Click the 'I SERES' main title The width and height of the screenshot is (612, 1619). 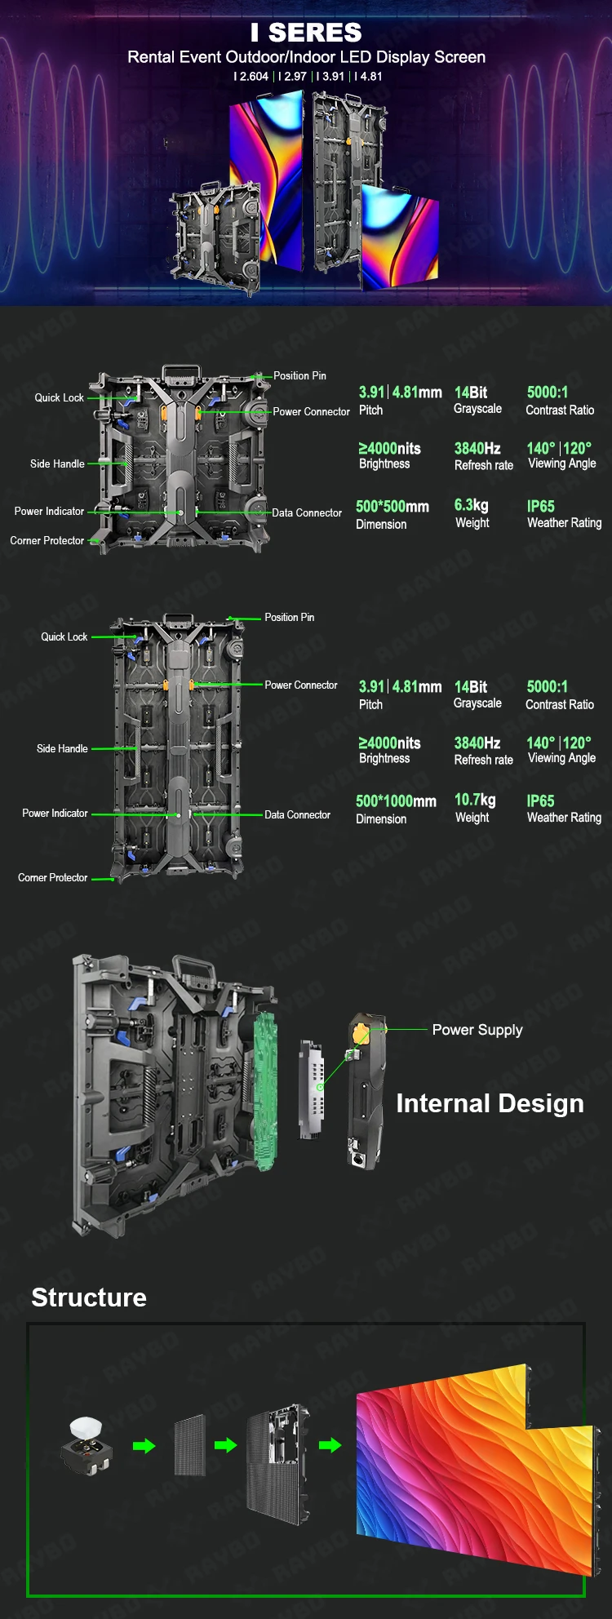[x=306, y=33]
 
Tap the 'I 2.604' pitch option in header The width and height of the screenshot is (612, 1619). [x=251, y=77]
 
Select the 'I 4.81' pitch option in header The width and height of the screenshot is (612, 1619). [x=369, y=77]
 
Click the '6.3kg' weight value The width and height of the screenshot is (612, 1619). [x=471, y=506]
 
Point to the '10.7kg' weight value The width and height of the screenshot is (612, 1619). [x=474, y=800]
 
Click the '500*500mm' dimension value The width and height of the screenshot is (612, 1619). [x=392, y=507]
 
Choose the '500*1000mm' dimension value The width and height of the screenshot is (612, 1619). [x=396, y=801]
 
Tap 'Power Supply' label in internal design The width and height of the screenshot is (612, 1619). [x=477, y=1030]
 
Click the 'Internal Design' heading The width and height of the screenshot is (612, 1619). [x=490, y=1103]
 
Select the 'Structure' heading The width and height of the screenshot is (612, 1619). [x=89, y=1297]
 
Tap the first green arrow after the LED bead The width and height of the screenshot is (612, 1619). [x=144, y=1446]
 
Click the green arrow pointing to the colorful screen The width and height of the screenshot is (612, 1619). [x=330, y=1445]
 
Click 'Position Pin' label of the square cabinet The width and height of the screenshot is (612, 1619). [x=299, y=376]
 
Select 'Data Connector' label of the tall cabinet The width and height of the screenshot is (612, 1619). [x=297, y=815]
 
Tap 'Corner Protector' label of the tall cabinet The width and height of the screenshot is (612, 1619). [x=52, y=878]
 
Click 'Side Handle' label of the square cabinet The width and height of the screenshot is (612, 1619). [x=57, y=464]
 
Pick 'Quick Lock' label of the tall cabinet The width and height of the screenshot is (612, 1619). [x=64, y=637]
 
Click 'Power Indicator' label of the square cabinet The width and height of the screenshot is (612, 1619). [x=49, y=512]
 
